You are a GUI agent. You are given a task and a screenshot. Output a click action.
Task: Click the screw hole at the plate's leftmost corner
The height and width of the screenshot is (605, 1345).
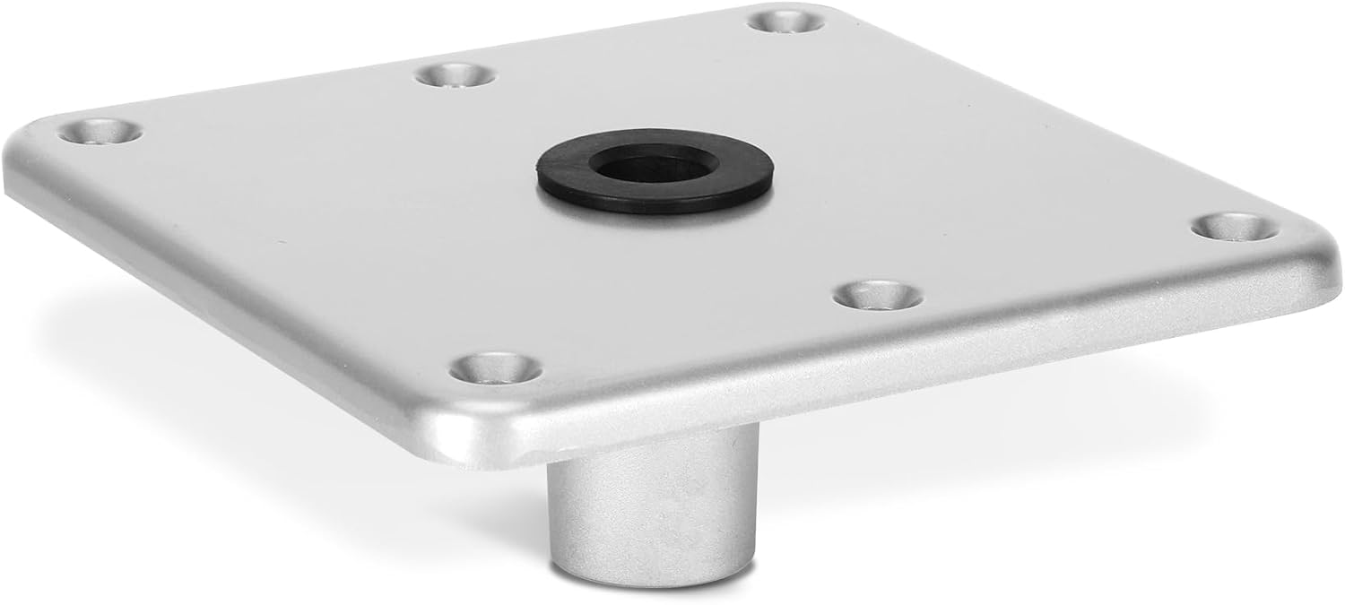(100, 132)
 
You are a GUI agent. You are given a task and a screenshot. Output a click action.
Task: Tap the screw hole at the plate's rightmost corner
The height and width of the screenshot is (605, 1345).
(1235, 226)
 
